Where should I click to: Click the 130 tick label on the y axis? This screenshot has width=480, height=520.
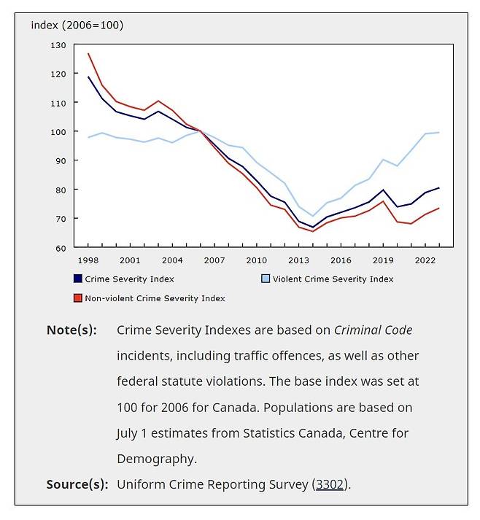click(x=58, y=45)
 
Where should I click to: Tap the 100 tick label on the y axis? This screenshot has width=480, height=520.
click(x=58, y=132)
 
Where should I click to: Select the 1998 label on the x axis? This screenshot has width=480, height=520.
click(x=88, y=260)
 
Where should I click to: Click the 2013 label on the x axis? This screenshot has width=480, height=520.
click(x=298, y=260)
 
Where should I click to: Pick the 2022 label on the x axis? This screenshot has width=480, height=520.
click(x=425, y=260)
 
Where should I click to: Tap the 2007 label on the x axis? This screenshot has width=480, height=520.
click(x=214, y=260)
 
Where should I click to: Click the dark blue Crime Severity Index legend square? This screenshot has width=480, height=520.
click(x=77, y=279)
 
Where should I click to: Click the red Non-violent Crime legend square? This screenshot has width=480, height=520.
click(x=77, y=298)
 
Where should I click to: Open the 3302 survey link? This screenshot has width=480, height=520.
click(x=331, y=484)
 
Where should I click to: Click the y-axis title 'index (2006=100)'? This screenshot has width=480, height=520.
click(x=77, y=26)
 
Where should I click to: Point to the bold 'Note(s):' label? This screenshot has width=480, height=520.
click(x=71, y=330)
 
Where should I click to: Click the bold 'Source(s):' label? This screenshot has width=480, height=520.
click(x=77, y=484)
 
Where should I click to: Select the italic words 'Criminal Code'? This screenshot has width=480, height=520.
click(x=373, y=330)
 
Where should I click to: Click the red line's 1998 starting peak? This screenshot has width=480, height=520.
click(x=88, y=54)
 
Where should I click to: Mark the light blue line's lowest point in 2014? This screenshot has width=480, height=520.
click(x=313, y=216)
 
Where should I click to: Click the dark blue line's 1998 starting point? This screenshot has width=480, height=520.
click(x=88, y=77)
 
